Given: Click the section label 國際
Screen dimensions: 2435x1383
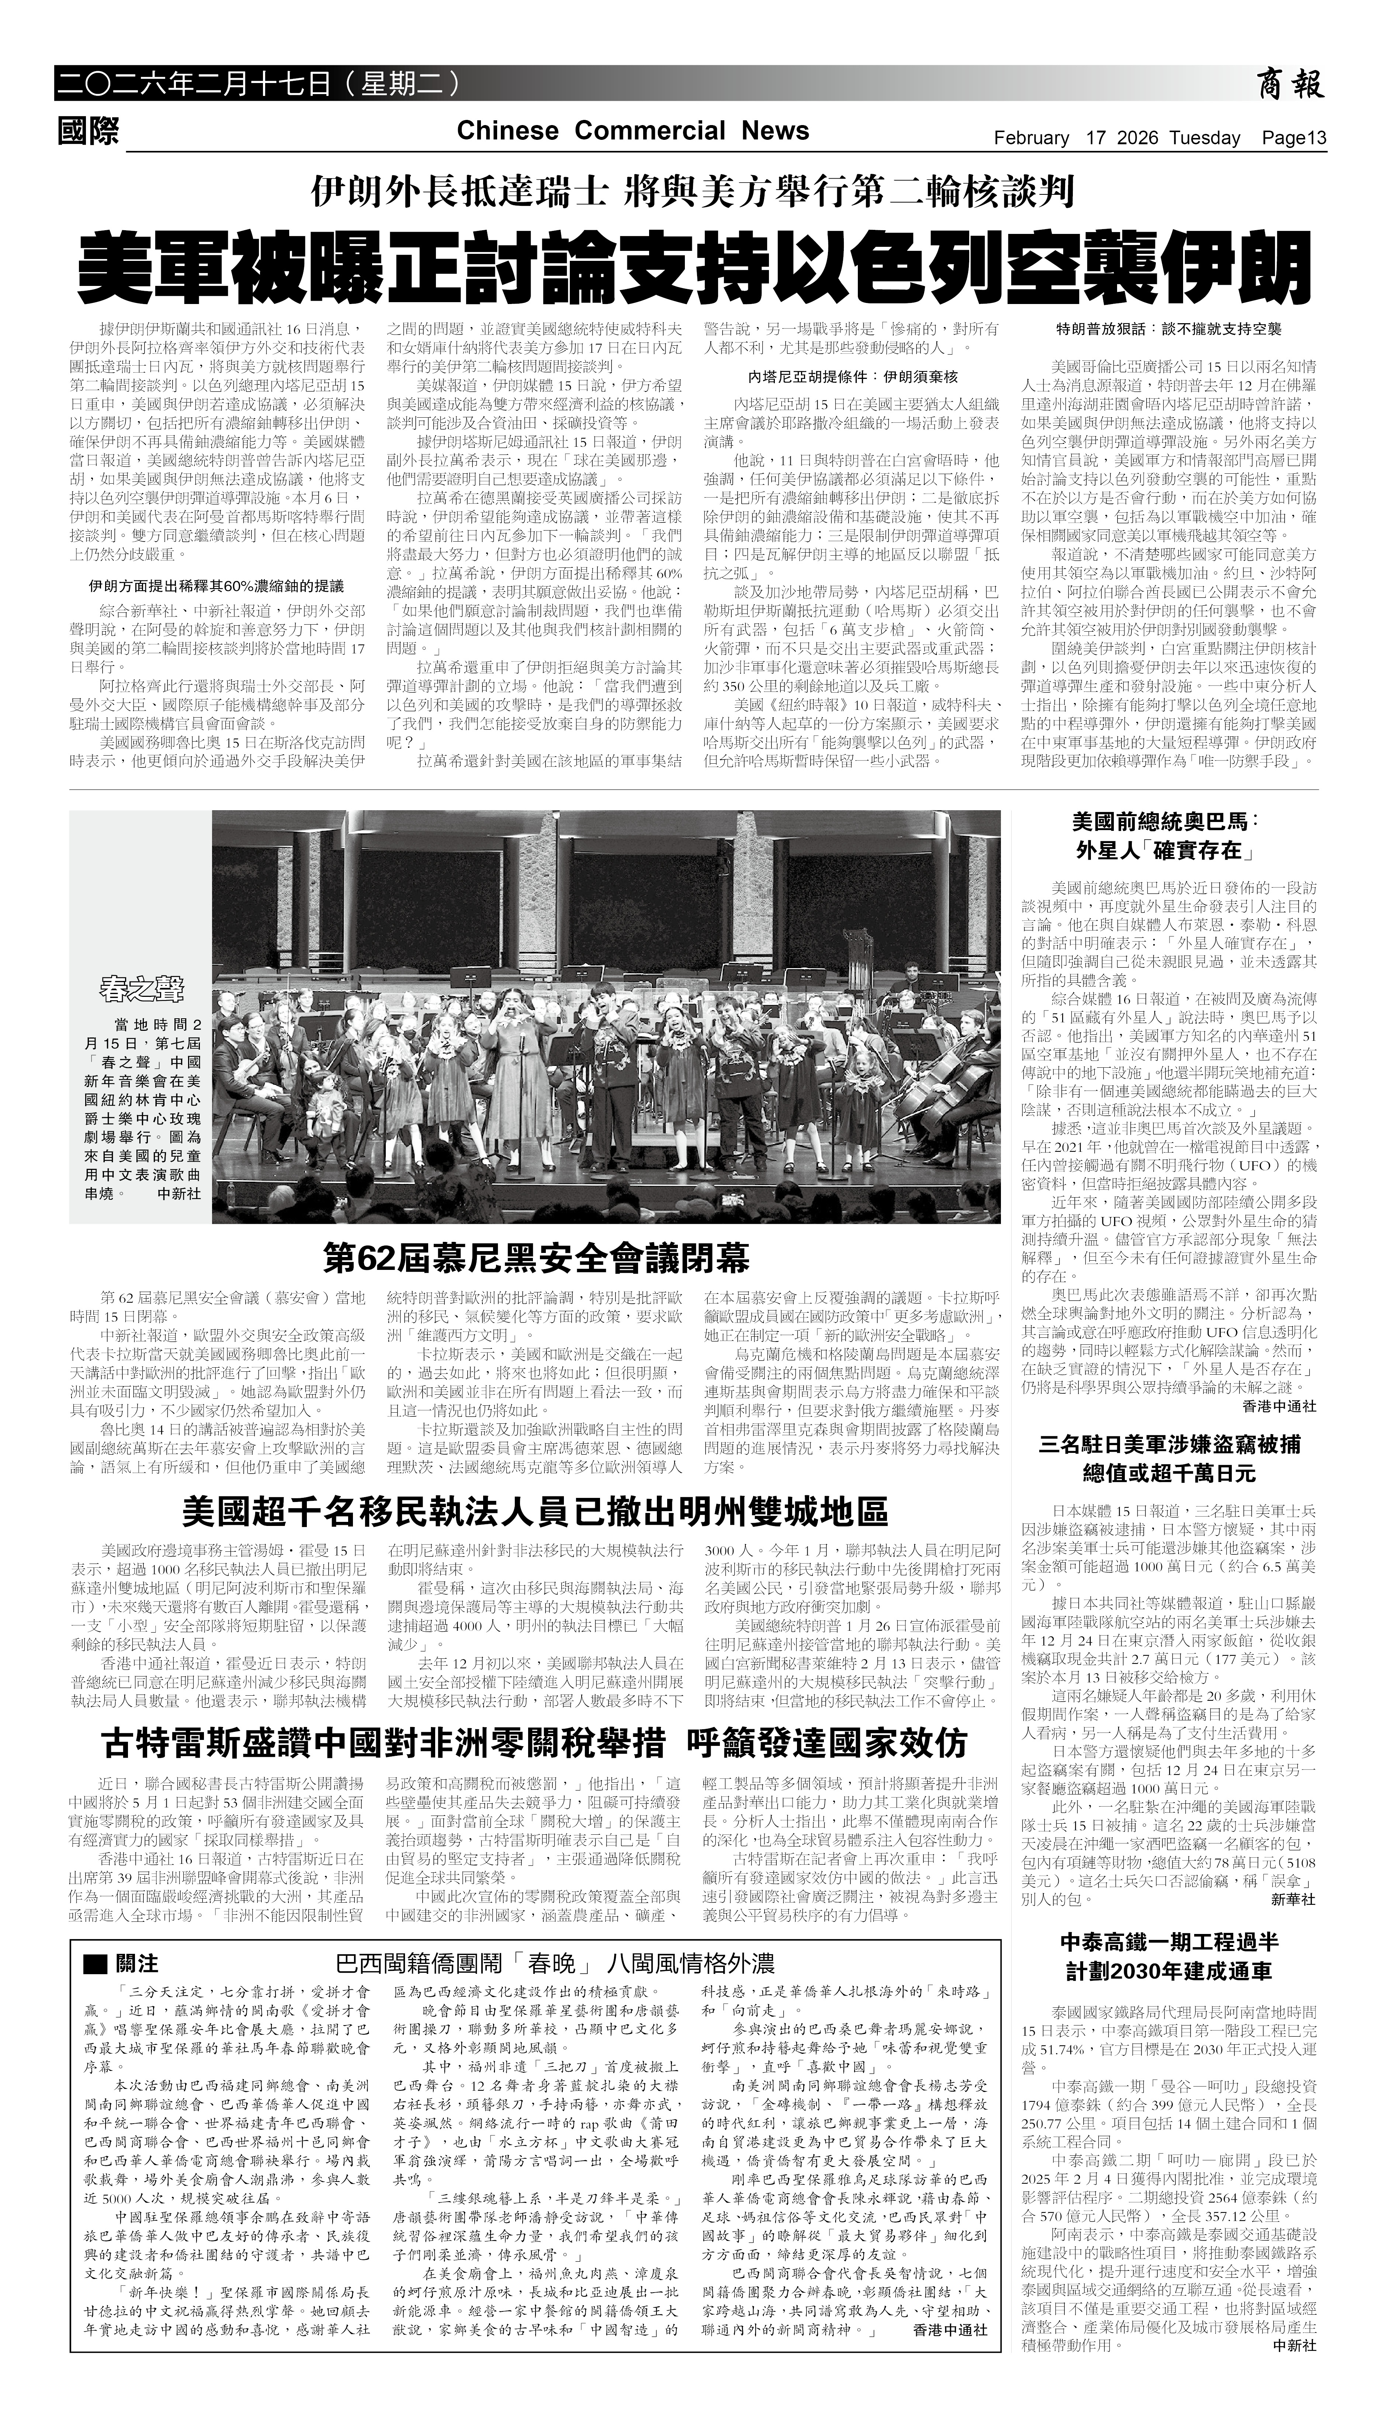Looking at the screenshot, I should pyautogui.click(x=89, y=131).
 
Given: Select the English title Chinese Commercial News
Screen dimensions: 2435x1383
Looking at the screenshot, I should pyautogui.click(x=632, y=131).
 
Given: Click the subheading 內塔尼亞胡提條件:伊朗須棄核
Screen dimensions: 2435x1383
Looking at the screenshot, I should pyautogui.click(x=853, y=376).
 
